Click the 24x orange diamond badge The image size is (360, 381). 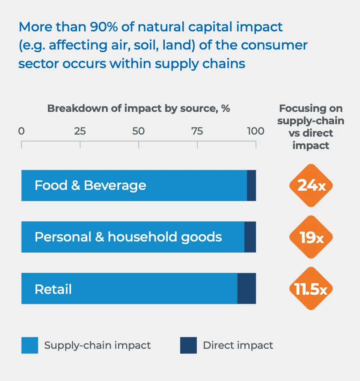tap(311, 186)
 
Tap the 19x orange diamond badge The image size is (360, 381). tap(311, 237)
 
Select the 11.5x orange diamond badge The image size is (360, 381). tap(311, 289)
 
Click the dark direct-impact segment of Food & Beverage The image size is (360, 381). tap(251, 186)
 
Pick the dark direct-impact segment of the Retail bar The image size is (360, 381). tap(247, 289)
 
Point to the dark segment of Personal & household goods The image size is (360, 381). tap(250, 237)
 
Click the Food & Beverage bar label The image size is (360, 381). tap(90, 185)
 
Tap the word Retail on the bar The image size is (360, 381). tap(53, 289)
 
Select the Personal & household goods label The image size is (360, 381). tap(128, 237)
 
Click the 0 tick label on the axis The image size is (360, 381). tap(21, 131)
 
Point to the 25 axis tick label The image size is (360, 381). tap(80, 131)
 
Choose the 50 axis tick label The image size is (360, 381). tap(138, 131)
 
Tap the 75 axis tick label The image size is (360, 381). tap(197, 131)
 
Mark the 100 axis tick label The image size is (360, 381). tap(255, 131)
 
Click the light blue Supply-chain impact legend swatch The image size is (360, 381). tap(30, 346)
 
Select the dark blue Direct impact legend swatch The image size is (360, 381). tap(188, 346)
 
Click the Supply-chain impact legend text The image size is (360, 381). tap(98, 346)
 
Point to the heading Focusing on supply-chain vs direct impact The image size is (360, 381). tap(311, 127)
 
